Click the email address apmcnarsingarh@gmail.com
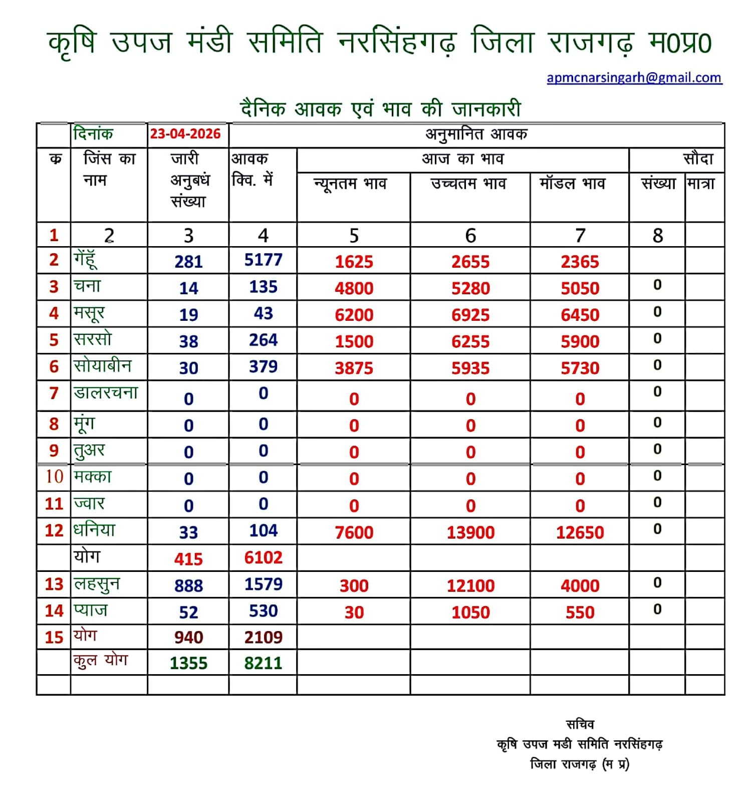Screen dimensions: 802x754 point(634,78)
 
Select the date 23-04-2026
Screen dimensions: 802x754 point(185,134)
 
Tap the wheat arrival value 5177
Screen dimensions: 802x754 point(263,260)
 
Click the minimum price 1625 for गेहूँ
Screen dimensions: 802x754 point(354,262)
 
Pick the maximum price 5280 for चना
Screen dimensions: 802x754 point(470,288)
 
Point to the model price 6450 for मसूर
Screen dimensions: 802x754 point(580,315)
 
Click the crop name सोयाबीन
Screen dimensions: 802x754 point(103,366)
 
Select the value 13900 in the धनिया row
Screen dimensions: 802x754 point(470,532)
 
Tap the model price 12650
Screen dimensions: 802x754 point(580,532)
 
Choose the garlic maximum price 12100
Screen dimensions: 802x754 point(470,585)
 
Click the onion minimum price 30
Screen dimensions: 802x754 point(354,612)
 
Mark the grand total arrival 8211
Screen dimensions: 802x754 point(263,663)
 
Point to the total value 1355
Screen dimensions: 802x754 point(188,663)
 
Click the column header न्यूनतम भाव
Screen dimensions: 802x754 point(350,184)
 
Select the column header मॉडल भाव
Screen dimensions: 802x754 point(572,184)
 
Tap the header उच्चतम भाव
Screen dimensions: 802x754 point(468,184)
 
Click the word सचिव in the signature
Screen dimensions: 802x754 point(580,724)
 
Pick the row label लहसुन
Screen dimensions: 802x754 point(97,584)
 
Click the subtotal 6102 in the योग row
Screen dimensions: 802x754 point(263,557)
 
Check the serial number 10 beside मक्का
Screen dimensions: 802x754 point(54,476)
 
